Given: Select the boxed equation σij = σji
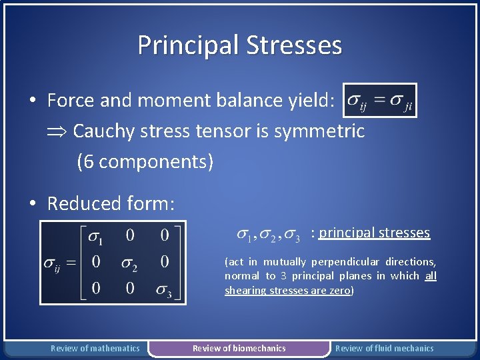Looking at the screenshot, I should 379,101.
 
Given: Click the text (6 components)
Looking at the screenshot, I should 145,161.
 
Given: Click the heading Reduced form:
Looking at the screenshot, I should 111,203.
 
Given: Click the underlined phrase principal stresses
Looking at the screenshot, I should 375,233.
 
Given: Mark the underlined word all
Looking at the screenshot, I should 431,276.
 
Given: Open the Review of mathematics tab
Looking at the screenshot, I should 95,348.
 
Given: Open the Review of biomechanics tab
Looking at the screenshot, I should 239,348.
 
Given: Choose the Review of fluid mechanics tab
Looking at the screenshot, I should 384,348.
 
